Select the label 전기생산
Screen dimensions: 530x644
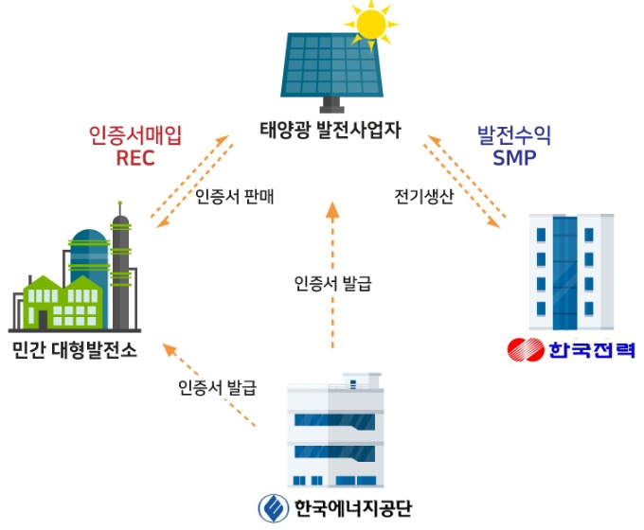pos(423,198)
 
